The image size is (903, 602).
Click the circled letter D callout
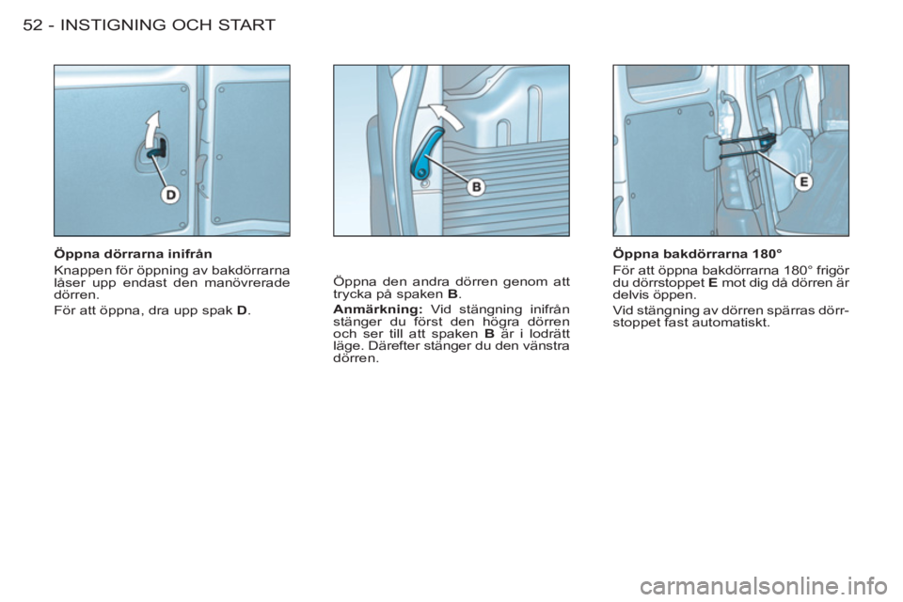click(x=171, y=196)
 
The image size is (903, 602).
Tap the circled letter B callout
click(x=476, y=187)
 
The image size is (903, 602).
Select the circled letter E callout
click(x=804, y=182)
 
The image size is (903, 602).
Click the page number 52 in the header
click(x=34, y=24)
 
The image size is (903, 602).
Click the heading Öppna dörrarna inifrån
click(x=133, y=253)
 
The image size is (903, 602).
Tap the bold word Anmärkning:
click(x=378, y=309)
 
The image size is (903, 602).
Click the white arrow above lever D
click(x=153, y=130)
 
